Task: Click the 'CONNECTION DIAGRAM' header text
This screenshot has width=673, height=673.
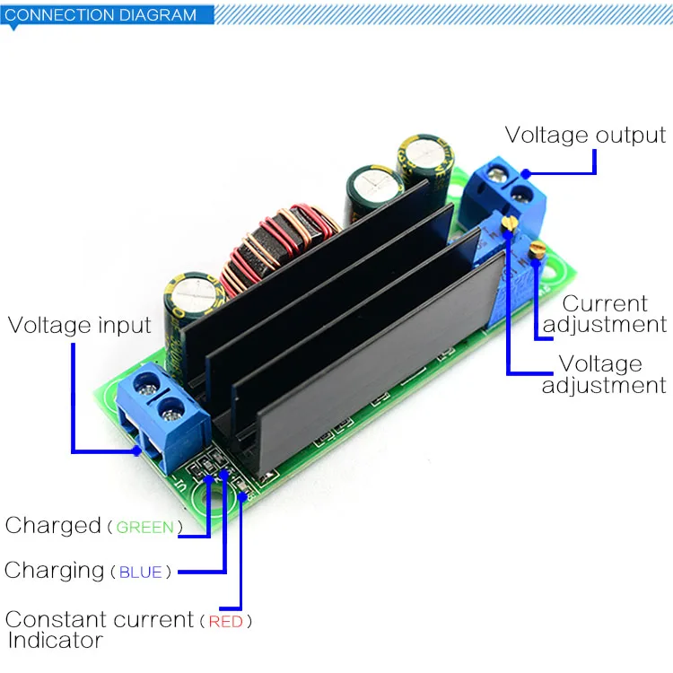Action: (x=101, y=14)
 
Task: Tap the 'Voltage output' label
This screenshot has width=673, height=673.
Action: (x=585, y=135)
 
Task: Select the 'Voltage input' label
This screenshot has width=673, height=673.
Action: (x=79, y=325)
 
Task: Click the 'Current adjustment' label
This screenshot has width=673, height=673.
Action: (x=605, y=314)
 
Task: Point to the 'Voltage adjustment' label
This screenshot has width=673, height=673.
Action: (x=604, y=374)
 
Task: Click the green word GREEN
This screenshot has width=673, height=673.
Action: (x=145, y=527)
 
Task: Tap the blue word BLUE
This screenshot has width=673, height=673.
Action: (x=140, y=572)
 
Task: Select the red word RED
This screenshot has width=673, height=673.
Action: (x=226, y=622)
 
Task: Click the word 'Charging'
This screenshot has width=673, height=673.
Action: (x=54, y=571)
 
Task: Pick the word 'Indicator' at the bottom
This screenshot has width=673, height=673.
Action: (x=56, y=641)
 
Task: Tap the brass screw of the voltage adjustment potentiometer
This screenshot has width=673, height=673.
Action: (x=510, y=222)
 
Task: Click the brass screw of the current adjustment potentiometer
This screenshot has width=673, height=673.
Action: (x=538, y=249)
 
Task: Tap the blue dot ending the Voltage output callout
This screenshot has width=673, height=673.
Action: (x=526, y=174)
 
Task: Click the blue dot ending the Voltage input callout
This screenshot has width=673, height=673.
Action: (x=137, y=450)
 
